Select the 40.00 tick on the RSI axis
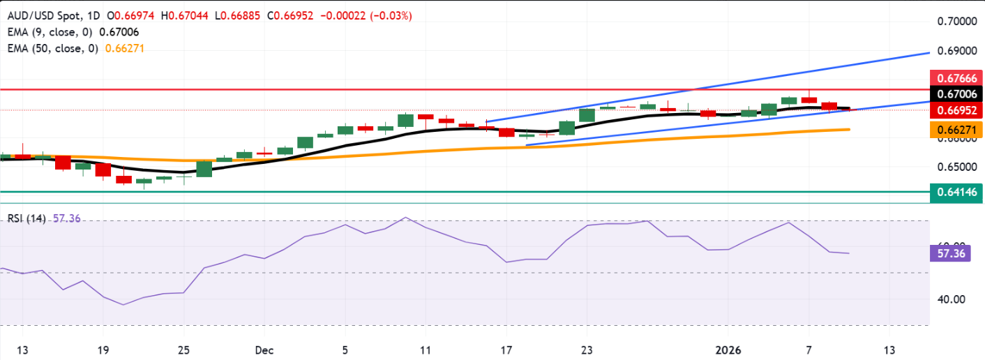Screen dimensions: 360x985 pyautogui.click(x=948, y=299)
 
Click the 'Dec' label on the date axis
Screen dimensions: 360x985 pyautogui.click(x=260, y=350)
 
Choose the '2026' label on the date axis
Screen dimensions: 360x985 pyautogui.click(x=729, y=350)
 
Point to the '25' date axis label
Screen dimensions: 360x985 pyautogui.click(x=185, y=350)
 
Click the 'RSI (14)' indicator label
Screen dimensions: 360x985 pyautogui.click(x=27, y=218)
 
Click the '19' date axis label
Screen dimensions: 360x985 pyautogui.click(x=103, y=350)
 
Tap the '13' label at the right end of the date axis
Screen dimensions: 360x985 pyautogui.click(x=889, y=350)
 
